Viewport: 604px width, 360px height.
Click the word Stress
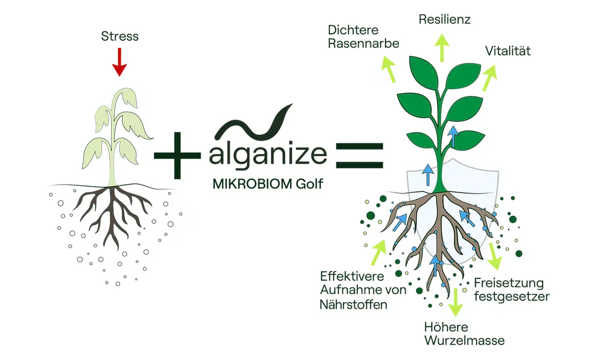click(120, 36)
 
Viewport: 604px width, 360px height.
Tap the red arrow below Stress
click(119, 62)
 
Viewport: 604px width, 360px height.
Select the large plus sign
click(177, 155)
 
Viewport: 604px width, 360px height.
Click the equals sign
click(359, 156)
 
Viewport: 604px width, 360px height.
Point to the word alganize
click(268, 155)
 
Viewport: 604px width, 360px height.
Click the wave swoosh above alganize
click(254, 121)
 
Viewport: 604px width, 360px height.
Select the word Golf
click(309, 184)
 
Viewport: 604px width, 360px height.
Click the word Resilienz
click(444, 20)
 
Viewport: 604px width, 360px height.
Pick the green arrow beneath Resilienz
click(442, 48)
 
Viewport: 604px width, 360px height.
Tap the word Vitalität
click(508, 51)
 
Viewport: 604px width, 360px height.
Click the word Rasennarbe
click(363, 43)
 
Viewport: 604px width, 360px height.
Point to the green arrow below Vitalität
click(490, 78)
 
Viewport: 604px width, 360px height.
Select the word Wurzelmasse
click(465, 340)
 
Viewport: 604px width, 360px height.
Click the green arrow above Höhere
click(456, 302)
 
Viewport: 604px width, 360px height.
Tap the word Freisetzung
click(509, 283)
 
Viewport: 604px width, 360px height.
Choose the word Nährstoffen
click(353, 305)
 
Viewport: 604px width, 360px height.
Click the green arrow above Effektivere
click(379, 252)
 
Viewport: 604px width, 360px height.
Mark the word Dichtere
click(353, 30)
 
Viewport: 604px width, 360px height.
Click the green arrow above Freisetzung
click(494, 256)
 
